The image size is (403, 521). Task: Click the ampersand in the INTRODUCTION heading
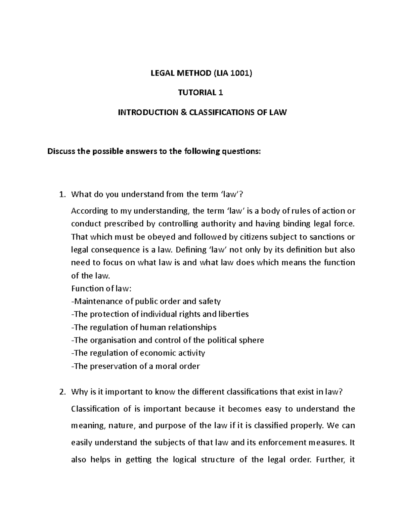(x=183, y=112)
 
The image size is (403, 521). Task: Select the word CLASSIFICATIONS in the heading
(x=222, y=112)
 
